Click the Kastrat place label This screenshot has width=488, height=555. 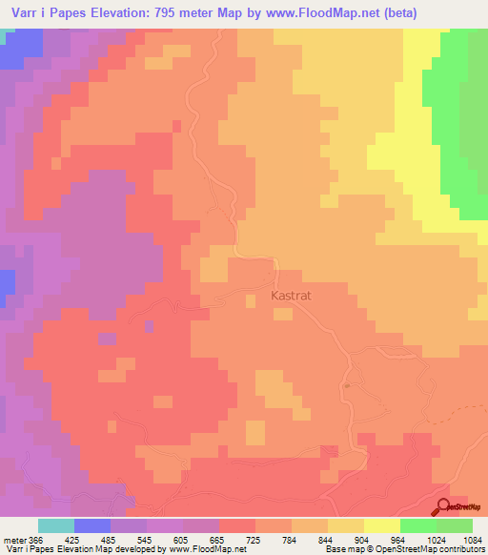coord(292,296)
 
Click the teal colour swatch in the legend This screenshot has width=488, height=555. coord(56,525)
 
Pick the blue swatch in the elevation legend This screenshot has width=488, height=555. coord(92,525)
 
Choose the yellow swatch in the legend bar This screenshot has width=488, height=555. coord(382,525)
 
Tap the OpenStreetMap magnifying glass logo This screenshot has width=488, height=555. coord(443,508)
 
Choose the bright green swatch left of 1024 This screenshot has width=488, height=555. coord(418,525)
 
